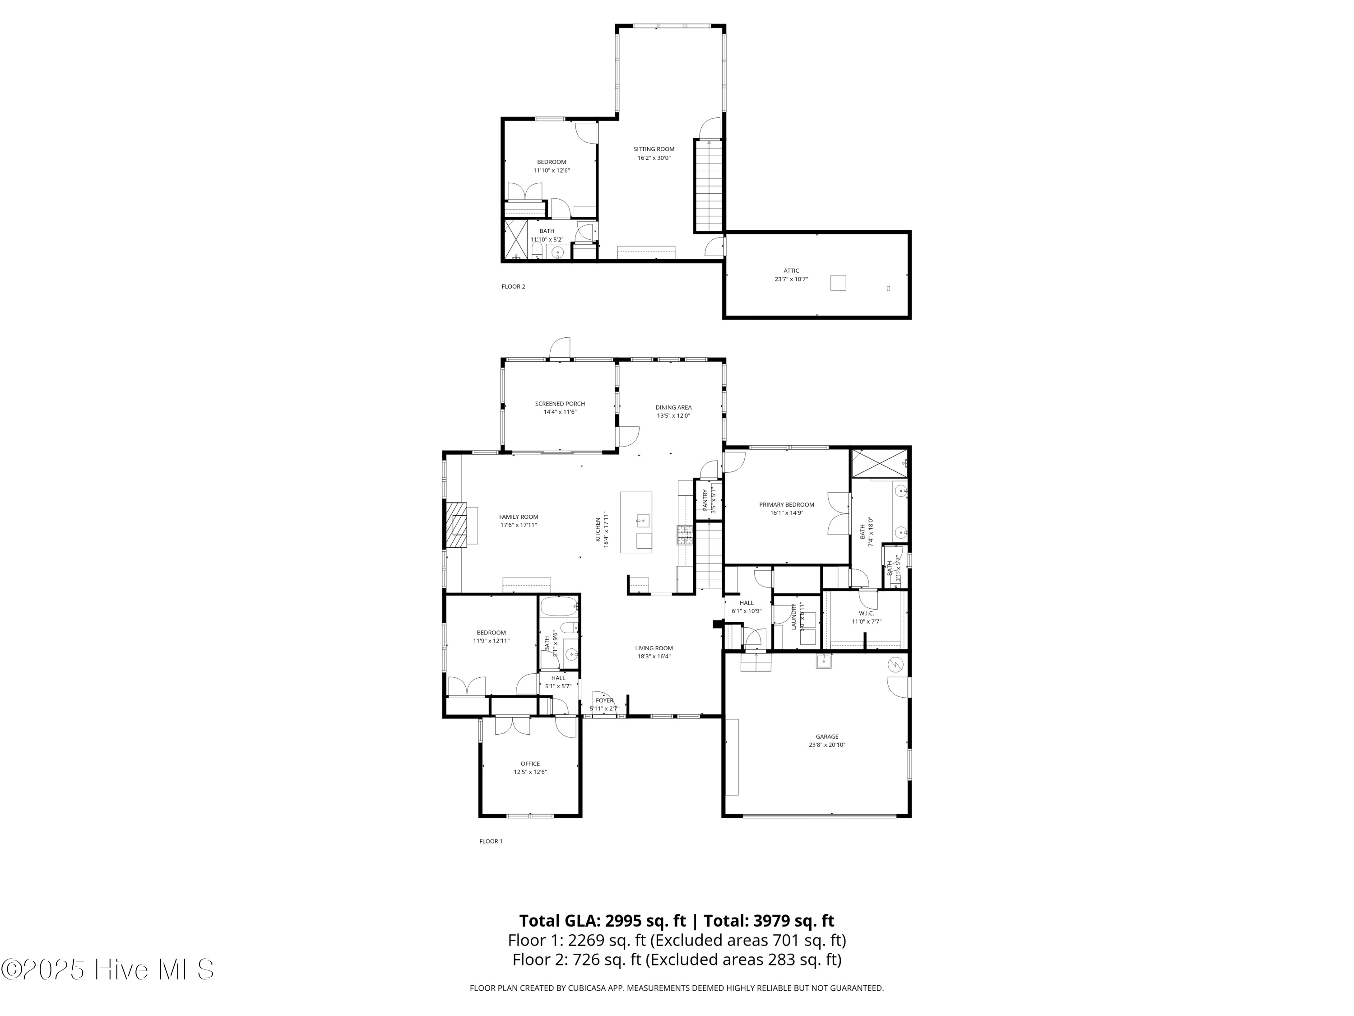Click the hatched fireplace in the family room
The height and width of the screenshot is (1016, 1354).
(x=456, y=524)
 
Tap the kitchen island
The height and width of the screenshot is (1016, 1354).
(x=636, y=522)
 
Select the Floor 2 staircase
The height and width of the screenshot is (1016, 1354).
(x=709, y=186)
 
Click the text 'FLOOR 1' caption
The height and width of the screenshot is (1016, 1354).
(x=491, y=841)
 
